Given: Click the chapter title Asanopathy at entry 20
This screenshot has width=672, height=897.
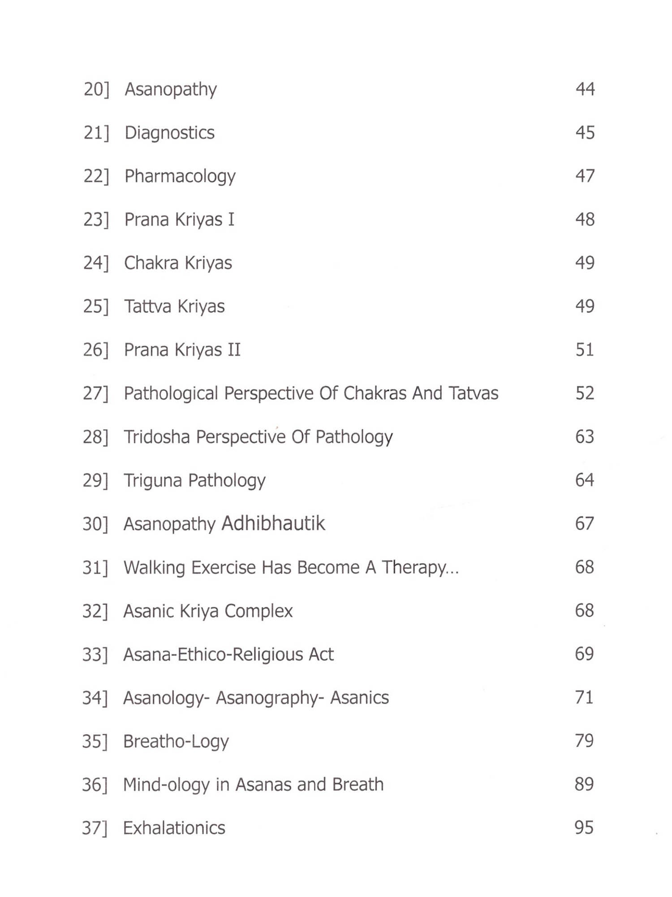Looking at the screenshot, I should pyautogui.click(x=171, y=89).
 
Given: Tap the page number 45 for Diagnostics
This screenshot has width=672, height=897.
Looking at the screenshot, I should pyautogui.click(x=585, y=132).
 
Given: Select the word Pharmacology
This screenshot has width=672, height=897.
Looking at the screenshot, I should pyautogui.click(x=180, y=176).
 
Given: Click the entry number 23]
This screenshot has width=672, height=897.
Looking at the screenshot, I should pyautogui.click(x=96, y=219).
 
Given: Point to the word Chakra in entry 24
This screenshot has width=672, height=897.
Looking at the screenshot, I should pyautogui.click(x=151, y=263).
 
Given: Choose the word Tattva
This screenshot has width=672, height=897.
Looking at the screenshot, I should pyautogui.click(x=148, y=306).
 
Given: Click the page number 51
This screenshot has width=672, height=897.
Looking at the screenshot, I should pyautogui.click(x=585, y=349).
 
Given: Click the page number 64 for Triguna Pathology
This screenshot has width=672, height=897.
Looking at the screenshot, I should pyautogui.click(x=585, y=480).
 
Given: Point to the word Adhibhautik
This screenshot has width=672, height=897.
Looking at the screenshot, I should pyautogui.click(x=273, y=523).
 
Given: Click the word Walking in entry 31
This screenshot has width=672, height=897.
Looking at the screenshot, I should pyautogui.click(x=154, y=567).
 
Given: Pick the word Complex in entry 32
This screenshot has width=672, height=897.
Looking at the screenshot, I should pyautogui.click(x=258, y=611).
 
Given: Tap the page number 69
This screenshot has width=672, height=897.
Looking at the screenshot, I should pyautogui.click(x=584, y=653).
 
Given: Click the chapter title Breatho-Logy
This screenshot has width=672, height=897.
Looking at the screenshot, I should pyautogui.click(x=176, y=741).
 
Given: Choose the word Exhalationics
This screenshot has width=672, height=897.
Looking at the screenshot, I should pyautogui.click(x=174, y=828).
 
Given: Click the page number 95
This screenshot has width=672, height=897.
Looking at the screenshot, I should pyautogui.click(x=584, y=827).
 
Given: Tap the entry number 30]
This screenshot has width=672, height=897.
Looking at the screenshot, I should pyautogui.click(x=95, y=523).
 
